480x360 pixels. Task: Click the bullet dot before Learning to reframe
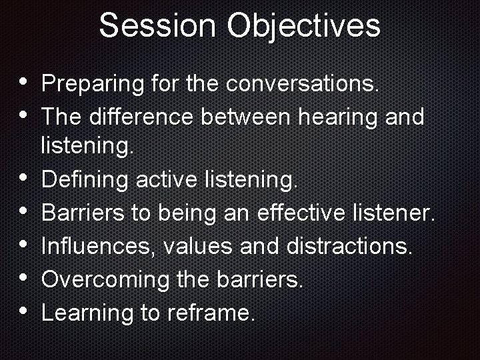24,310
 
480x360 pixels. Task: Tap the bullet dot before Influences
24,244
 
